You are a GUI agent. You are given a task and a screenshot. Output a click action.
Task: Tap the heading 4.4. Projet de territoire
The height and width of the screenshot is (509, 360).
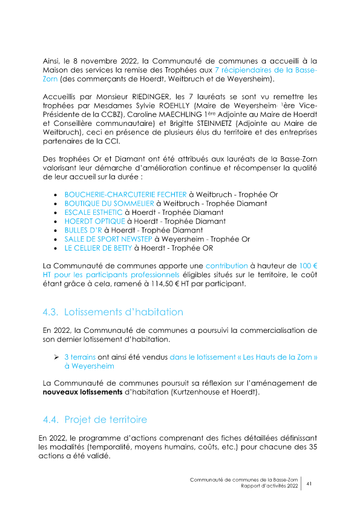[x=95, y=419]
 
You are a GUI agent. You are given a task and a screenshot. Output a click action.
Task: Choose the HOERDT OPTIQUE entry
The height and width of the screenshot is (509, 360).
[x=90, y=222]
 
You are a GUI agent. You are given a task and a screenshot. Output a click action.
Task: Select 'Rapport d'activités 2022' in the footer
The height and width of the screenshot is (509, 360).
[x=269, y=486]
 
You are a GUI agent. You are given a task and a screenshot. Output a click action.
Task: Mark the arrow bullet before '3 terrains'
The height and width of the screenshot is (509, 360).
[x=57, y=357]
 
